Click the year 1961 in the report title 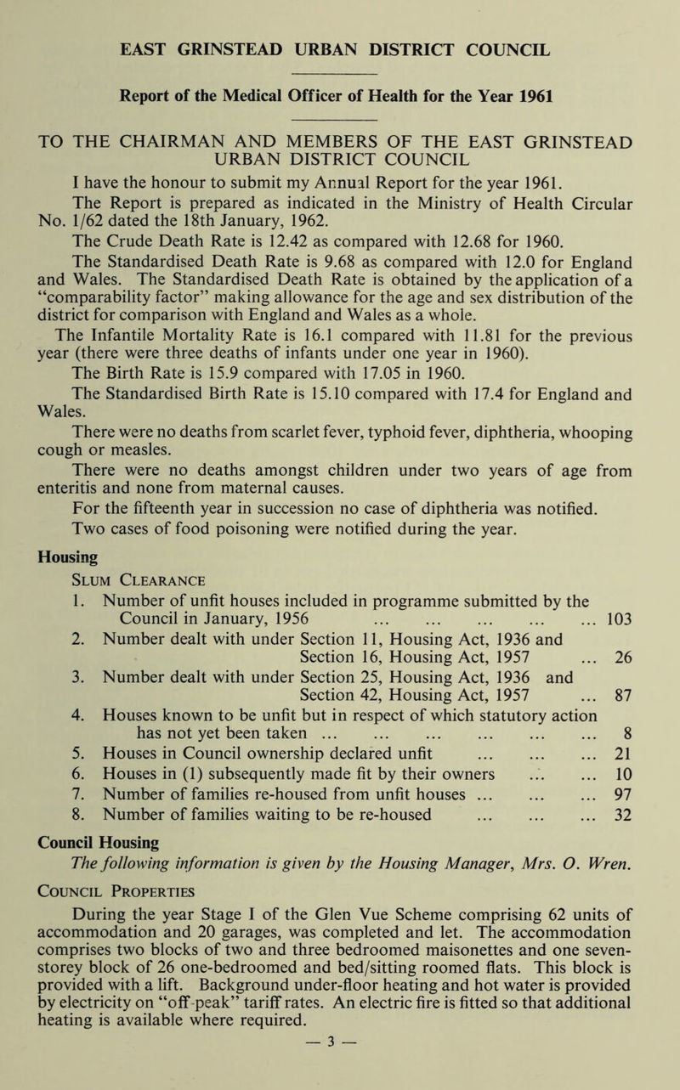535,94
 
